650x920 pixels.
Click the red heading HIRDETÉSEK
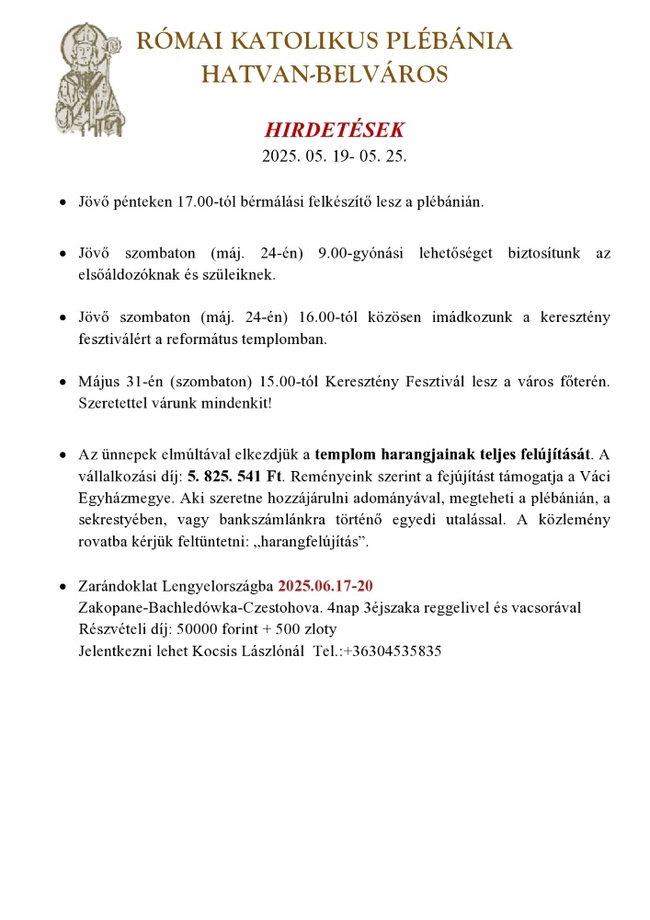point(334,130)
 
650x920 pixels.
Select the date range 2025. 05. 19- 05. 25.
point(334,156)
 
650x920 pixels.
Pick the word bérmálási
point(270,201)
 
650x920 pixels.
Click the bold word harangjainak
point(411,455)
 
